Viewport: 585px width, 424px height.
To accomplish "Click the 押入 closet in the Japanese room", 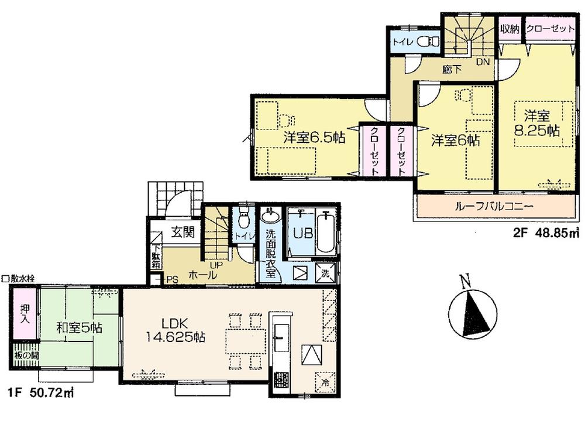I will [25, 316].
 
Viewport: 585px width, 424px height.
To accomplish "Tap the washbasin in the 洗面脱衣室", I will [270, 218].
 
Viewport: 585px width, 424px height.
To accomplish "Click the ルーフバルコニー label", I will [494, 206].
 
